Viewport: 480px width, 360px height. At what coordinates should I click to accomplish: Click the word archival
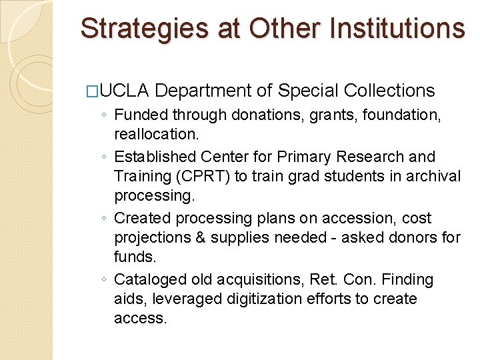434,176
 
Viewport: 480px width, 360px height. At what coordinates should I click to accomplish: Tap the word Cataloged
148,279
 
